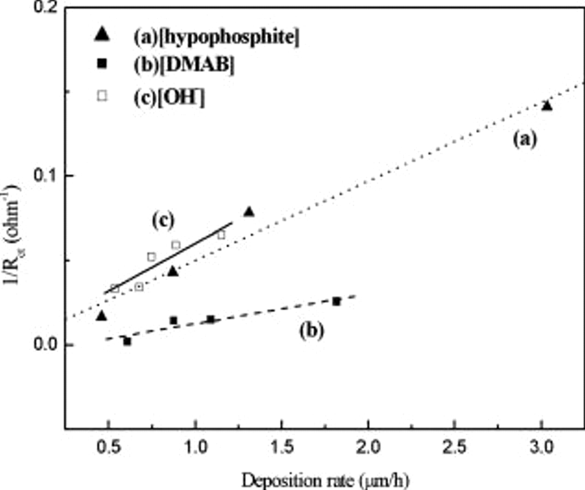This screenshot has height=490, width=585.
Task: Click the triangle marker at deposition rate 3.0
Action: pyautogui.click(x=547, y=106)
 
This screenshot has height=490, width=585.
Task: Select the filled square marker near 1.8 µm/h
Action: pyautogui.click(x=336, y=301)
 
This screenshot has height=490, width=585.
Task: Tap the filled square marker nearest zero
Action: pyautogui.click(x=127, y=341)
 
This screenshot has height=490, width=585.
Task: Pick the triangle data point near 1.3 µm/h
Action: pyautogui.click(x=249, y=212)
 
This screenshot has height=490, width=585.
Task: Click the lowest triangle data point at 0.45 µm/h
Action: pyautogui.click(x=102, y=316)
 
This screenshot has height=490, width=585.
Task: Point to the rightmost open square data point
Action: pyautogui.click(x=221, y=235)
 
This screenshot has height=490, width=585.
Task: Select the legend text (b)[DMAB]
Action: pyautogui.click(x=184, y=65)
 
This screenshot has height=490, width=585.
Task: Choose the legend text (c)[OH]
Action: pyautogui.click(x=169, y=97)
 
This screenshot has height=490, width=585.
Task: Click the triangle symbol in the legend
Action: pyautogui.click(x=102, y=34)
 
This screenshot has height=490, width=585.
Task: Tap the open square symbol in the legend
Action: pyautogui.click(x=102, y=96)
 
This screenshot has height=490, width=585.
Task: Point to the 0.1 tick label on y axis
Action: pyautogui.click(x=45, y=176)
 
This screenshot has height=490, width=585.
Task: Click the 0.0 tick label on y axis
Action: pyautogui.click(x=45, y=345)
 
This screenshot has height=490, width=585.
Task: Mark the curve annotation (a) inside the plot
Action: pyautogui.click(x=525, y=140)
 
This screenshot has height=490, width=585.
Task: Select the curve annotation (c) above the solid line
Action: pyautogui.click(x=163, y=221)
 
